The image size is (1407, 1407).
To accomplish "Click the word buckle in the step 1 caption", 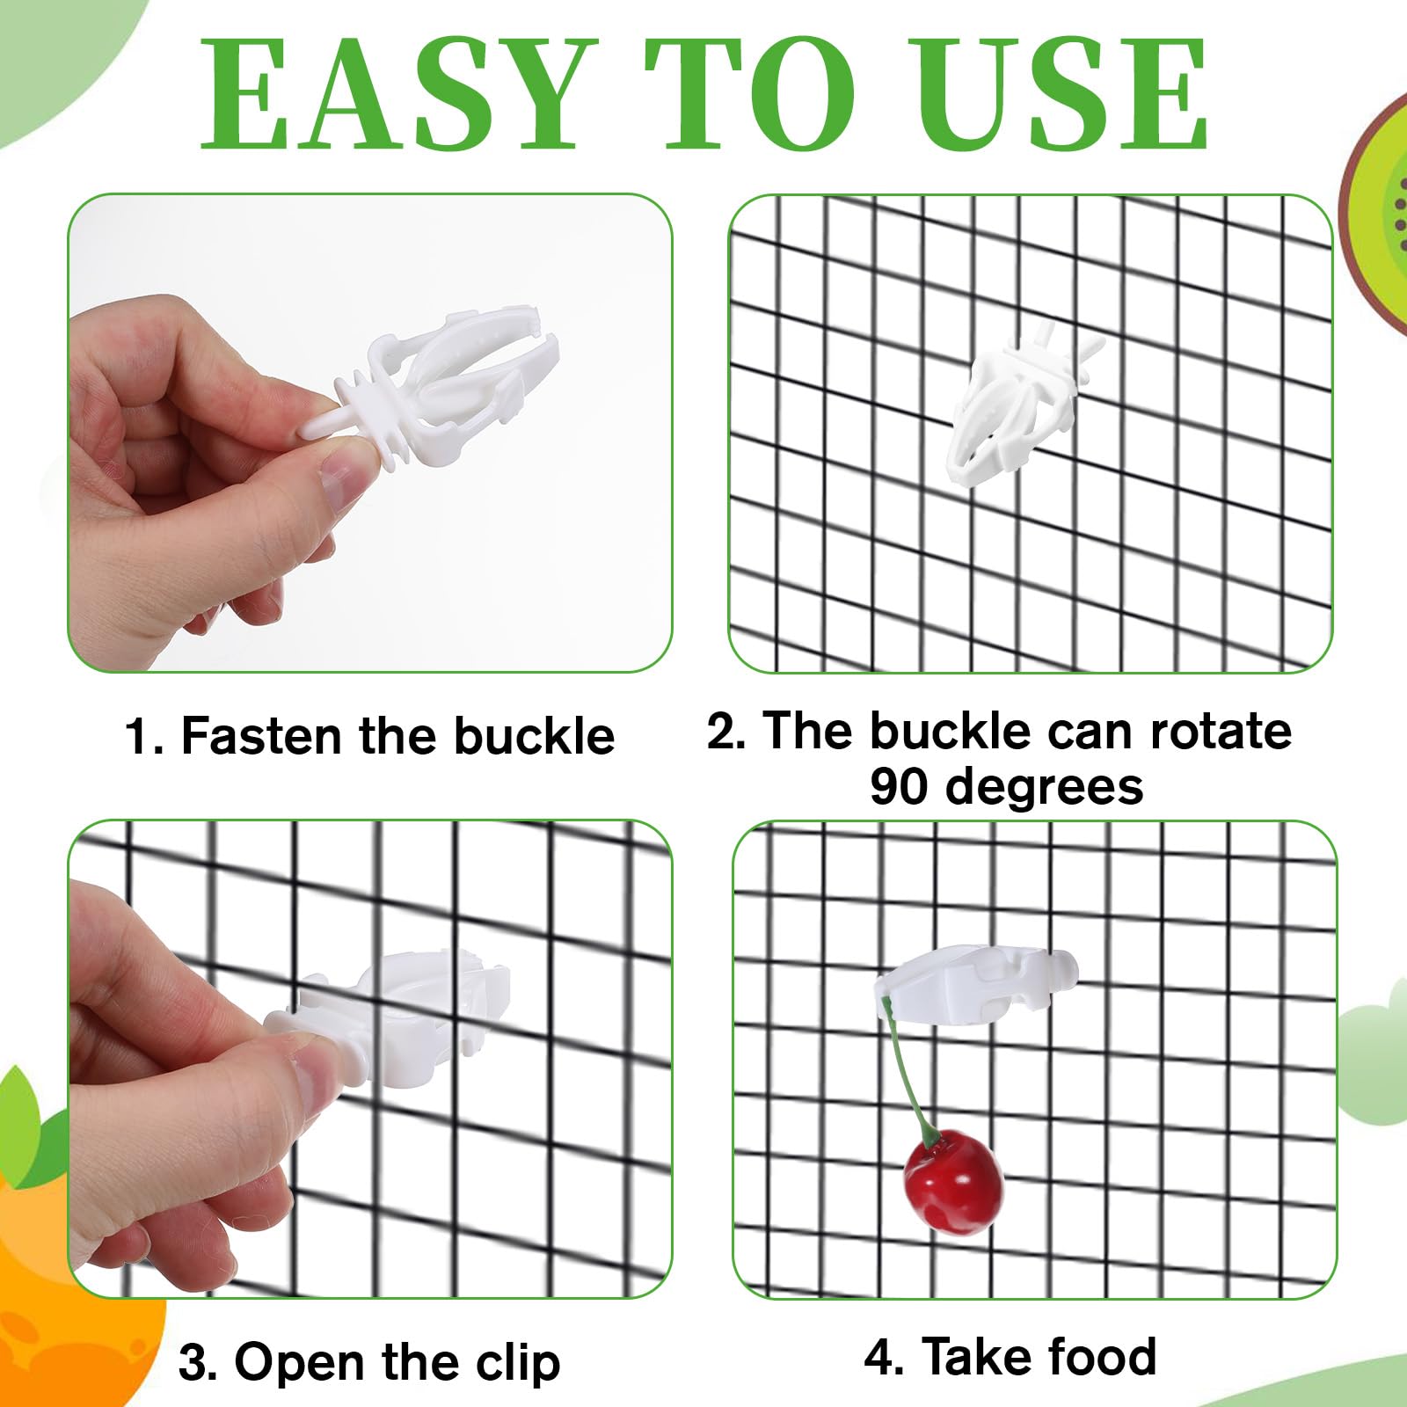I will [534, 736].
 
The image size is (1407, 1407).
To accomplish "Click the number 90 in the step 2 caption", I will [899, 786].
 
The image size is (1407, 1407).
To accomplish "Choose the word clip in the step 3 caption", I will [518, 1362].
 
